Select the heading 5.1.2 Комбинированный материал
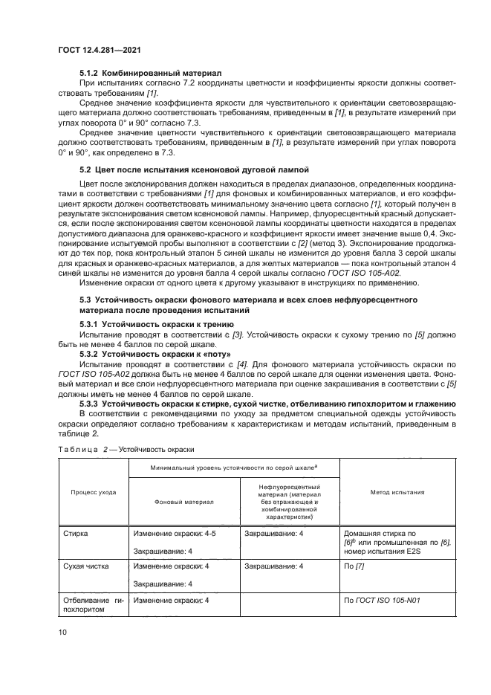[x=151, y=74]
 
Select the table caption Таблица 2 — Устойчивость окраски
[x=130, y=448]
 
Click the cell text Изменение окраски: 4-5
[x=175, y=533]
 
